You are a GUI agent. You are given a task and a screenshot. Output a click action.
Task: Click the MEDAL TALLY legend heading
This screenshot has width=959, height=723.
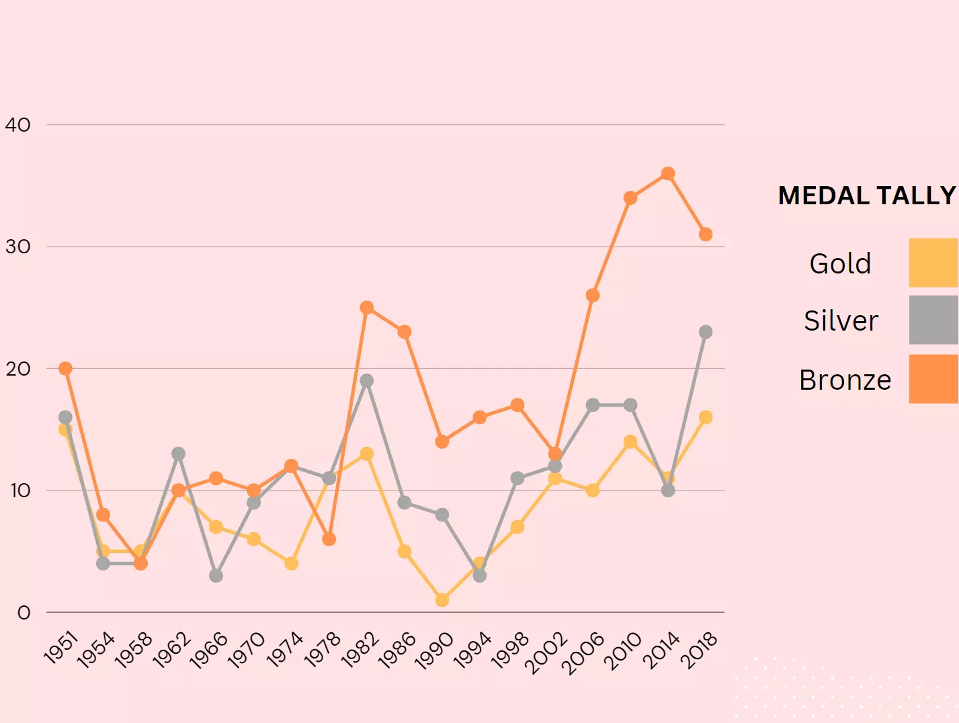click(866, 196)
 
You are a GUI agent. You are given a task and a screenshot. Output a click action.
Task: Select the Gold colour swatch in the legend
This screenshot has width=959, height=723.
click(933, 263)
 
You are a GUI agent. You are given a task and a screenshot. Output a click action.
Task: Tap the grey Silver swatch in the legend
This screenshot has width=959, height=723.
click(933, 320)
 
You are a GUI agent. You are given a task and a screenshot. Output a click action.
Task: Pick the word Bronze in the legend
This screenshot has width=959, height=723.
click(845, 380)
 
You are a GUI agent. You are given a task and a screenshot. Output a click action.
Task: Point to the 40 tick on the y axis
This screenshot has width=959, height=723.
click(18, 125)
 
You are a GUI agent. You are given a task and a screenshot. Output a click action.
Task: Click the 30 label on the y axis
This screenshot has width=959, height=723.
click(18, 247)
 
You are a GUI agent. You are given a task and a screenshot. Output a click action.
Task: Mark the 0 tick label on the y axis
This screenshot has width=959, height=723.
click(24, 613)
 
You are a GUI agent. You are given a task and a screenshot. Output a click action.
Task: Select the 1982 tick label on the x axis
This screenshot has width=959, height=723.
click(361, 650)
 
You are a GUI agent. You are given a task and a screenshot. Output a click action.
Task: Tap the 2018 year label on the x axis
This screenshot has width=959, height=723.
click(700, 650)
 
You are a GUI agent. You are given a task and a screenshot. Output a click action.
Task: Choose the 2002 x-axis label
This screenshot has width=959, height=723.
click(546, 652)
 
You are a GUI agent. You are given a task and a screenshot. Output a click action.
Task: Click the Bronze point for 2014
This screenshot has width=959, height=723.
click(668, 174)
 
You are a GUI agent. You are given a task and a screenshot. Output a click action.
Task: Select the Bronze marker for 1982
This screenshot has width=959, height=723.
click(366, 308)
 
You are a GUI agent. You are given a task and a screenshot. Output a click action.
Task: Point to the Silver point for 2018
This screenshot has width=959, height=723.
click(706, 332)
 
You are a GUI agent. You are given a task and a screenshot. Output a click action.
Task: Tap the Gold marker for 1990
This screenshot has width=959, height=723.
click(442, 599)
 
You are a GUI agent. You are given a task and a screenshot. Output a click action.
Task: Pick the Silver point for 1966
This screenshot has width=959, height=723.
click(216, 575)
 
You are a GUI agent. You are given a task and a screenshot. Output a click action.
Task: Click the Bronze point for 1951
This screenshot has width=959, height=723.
click(65, 368)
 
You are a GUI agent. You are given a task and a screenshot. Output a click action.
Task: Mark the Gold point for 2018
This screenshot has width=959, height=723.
click(706, 417)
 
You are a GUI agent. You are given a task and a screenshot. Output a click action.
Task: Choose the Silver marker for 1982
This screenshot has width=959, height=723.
click(366, 381)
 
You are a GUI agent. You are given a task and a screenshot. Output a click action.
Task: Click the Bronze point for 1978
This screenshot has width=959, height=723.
click(329, 539)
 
